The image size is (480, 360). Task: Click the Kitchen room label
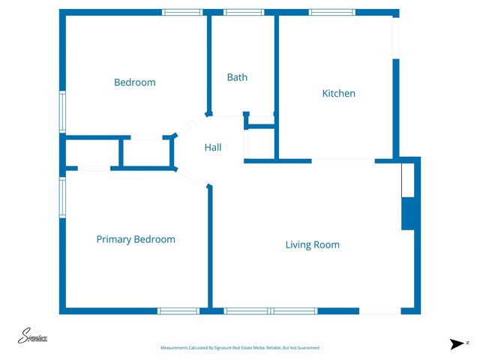(338, 94)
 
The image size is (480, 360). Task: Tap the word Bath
(237, 77)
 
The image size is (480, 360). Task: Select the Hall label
(213, 148)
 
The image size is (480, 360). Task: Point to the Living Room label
(312, 244)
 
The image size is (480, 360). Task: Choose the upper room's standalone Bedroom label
(134, 82)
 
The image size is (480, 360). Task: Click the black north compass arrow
(456, 343)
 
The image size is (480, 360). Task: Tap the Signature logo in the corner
(33, 337)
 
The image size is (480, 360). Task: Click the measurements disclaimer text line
(240, 348)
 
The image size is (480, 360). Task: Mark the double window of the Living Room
(271, 310)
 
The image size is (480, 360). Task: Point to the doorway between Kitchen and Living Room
(343, 160)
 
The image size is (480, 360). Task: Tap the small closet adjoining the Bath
(260, 144)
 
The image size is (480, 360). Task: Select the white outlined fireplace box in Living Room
(407, 181)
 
